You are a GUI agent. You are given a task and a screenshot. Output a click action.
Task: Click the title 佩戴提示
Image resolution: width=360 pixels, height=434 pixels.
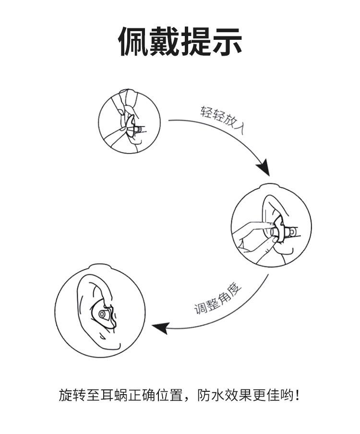[180, 42]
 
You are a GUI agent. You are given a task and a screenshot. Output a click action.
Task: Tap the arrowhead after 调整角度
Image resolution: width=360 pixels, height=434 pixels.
[160, 328]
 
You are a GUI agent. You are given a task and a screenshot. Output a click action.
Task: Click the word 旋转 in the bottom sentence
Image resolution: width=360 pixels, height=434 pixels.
[71, 396]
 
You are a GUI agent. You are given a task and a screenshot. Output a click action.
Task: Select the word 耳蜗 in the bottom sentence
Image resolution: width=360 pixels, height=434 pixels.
[117, 396]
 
